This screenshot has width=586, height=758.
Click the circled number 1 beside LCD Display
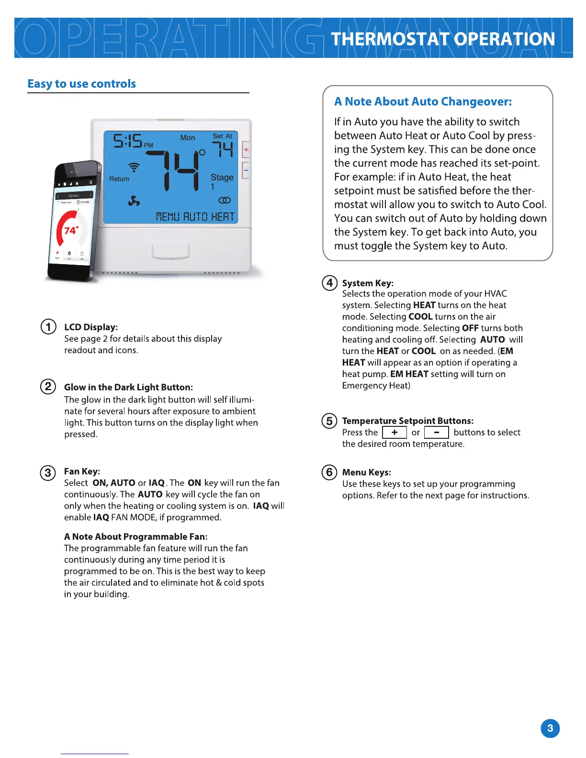(48, 327)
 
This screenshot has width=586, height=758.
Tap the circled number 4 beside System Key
(329, 283)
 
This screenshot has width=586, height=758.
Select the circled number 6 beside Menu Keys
(329, 472)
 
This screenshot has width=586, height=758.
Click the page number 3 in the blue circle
(550, 728)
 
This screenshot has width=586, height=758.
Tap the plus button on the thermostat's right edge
(246, 150)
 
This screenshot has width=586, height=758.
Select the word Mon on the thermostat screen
(188, 138)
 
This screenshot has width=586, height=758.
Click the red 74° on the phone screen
(71, 231)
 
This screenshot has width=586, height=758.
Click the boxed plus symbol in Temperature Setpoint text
(394, 433)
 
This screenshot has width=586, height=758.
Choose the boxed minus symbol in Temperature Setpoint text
(437, 433)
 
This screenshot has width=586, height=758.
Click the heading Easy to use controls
(82, 84)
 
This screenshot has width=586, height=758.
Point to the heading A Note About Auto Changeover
(423, 101)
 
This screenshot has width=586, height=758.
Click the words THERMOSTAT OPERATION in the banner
(443, 39)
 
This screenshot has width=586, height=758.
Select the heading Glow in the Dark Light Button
(128, 387)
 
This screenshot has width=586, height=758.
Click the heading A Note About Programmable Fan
(135, 536)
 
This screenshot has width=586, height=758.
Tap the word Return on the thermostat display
(119, 179)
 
